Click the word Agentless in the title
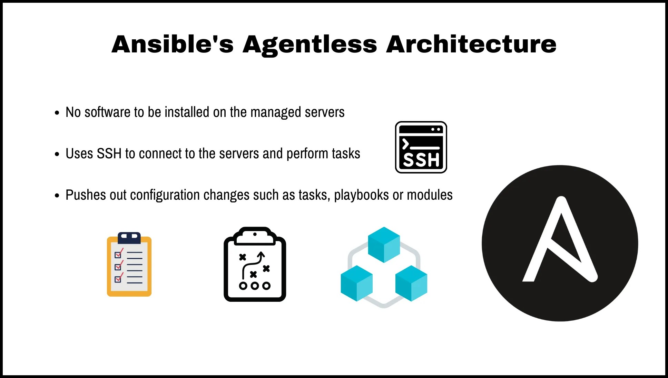click(x=310, y=44)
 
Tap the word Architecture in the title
click(x=471, y=44)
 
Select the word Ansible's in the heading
click(x=173, y=44)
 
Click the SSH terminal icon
click(x=421, y=147)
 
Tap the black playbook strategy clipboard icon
click(x=255, y=265)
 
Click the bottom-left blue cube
click(x=356, y=283)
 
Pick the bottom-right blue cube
click(x=411, y=283)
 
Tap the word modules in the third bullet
click(x=430, y=195)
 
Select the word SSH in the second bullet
click(x=109, y=154)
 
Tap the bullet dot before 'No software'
click(x=57, y=113)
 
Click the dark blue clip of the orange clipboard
click(x=129, y=237)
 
